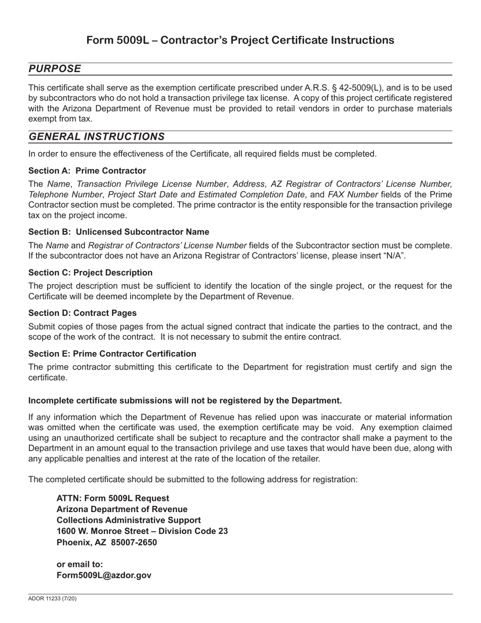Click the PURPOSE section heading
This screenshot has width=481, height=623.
pyautogui.click(x=55, y=69)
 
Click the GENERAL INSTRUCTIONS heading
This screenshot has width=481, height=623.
pyautogui.click(x=96, y=137)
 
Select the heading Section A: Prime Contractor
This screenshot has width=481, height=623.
pyautogui.click(x=87, y=171)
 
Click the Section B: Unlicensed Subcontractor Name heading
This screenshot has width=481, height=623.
pyautogui.click(x=118, y=232)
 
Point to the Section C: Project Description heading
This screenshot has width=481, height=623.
pyautogui.click(x=90, y=272)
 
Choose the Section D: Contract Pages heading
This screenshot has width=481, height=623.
pyautogui.click(x=83, y=313)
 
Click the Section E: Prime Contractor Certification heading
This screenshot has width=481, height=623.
pyautogui.click(x=112, y=354)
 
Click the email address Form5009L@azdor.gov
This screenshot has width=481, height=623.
pyautogui.click(x=104, y=575)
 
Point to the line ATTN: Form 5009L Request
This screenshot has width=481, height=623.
pyautogui.click(x=113, y=498)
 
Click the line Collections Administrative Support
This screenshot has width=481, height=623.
pyautogui.click(x=129, y=520)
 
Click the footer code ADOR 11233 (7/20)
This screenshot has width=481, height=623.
pyautogui.click(x=52, y=599)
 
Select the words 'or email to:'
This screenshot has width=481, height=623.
pyautogui.click(x=79, y=564)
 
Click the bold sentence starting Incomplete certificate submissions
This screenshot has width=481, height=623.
pyautogui.click(x=185, y=401)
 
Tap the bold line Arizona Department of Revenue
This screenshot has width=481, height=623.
pyautogui.click(x=122, y=509)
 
